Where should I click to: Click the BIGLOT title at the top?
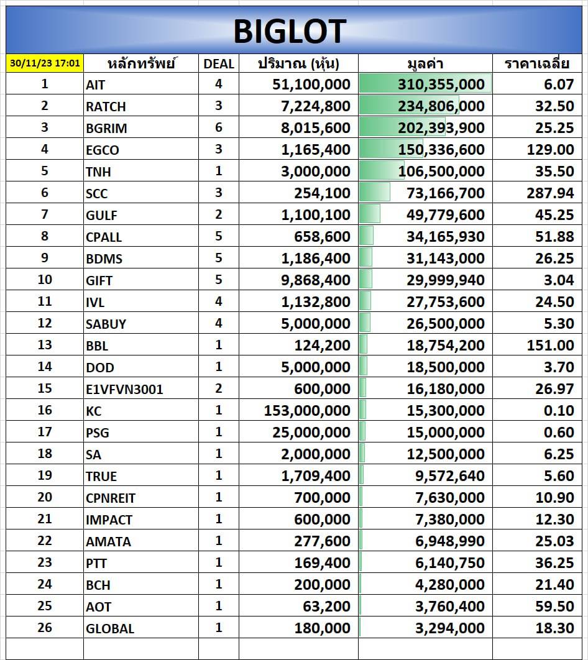pyautogui.click(x=290, y=31)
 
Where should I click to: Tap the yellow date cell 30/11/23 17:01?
pyautogui.click(x=45, y=63)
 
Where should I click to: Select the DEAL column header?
pyautogui.click(x=219, y=63)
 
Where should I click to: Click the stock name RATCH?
pyautogui.click(x=106, y=106)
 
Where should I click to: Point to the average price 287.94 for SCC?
pyautogui.click(x=550, y=193)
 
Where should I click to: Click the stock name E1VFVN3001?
pyautogui.click(x=124, y=389)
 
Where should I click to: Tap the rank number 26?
pyautogui.click(x=45, y=628)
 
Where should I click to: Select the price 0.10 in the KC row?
pyautogui.click(x=558, y=411)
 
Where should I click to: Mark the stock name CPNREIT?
pyautogui.click(x=111, y=498)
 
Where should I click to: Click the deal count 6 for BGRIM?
pyautogui.click(x=219, y=127)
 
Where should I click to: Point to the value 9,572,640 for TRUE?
pyautogui.click(x=450, y=476)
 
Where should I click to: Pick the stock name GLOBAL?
pyautogui.click(x=110, y=628)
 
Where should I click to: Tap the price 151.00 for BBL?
pyautogui.click(x=550, y=346)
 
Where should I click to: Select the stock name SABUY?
pyautogui.click(x=106, y=324)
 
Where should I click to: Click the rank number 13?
pyautogui.click(x=45, y=345)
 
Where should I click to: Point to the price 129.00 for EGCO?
pyautogui.click(x=550, y=150)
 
